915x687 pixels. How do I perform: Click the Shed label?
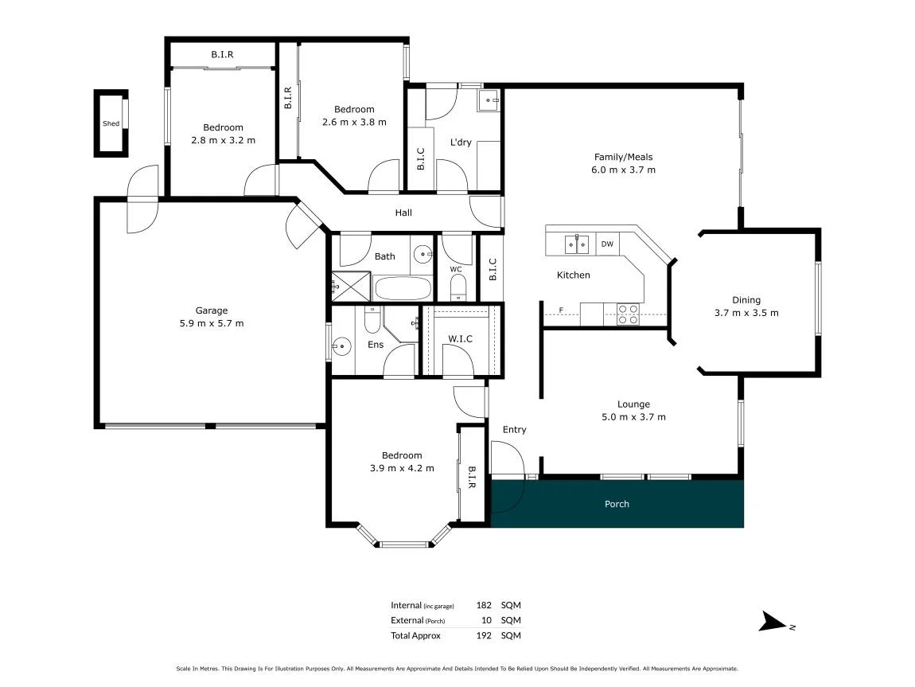[111, 123]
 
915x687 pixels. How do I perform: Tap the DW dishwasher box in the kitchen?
[607, 244]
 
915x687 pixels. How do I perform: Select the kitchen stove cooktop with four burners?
[628, 314]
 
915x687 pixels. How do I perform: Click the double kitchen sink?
[577, 244]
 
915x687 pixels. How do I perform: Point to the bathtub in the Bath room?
[403, 288]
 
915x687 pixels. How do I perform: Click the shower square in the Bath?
[352, 286]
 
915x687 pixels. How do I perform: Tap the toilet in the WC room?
[458, 287]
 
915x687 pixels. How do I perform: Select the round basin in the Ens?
[341, 347]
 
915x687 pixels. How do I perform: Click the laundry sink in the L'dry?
[489, 100]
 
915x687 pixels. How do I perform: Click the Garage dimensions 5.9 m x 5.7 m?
[211, 323]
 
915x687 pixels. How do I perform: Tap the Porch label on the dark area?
[617, 504]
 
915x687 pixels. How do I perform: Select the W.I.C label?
[461, 338]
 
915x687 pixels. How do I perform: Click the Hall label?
[403, 213]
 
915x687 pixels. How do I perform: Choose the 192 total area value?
[484, 635]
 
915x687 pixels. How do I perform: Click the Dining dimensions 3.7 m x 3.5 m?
[746, 313]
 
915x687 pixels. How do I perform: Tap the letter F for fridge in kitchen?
[562, 310]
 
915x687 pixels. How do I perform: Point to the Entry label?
[515, 430]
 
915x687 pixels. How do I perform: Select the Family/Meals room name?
[623, 157]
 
